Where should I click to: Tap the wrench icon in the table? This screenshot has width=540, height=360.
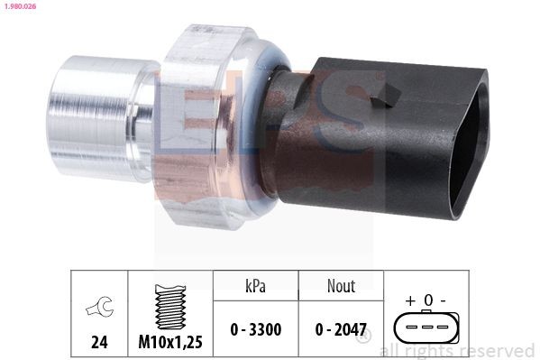(97, 309)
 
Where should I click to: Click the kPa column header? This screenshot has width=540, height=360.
(255, 285)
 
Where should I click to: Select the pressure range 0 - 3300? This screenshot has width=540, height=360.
(255, 329)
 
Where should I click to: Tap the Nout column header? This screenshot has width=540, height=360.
(340, 285)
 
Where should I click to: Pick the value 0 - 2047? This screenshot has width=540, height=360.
(340, 329)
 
